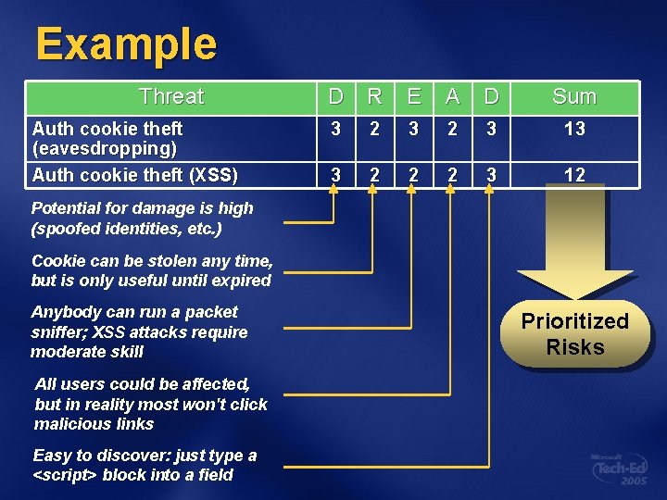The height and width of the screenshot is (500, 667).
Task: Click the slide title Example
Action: [126, 44]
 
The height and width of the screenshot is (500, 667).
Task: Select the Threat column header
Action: [171, 96]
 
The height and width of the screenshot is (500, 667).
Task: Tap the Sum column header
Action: [574, 96]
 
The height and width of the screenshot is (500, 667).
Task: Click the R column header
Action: [374, 96]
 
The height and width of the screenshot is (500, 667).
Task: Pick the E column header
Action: [413, 96]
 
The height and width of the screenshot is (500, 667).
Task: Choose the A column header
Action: [452, 96]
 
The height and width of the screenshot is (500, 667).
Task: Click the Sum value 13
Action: [574, 129]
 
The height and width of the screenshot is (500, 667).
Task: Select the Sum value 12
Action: [574, 174]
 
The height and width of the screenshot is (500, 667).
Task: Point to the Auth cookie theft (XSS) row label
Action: [135, 174]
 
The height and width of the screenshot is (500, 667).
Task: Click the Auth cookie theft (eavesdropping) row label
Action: [107, 138]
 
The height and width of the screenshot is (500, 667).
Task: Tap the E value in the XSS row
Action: [413, 174]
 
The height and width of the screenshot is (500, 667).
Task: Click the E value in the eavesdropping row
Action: [413, 129]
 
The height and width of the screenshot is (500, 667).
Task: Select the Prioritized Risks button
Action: [574, 334]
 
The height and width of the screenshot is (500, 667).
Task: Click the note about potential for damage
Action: [142, 218]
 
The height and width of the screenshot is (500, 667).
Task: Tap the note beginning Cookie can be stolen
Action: [152, 270]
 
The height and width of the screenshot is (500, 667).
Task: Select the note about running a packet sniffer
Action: [139, 331]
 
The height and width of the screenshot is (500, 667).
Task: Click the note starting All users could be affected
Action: [150, 404]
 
